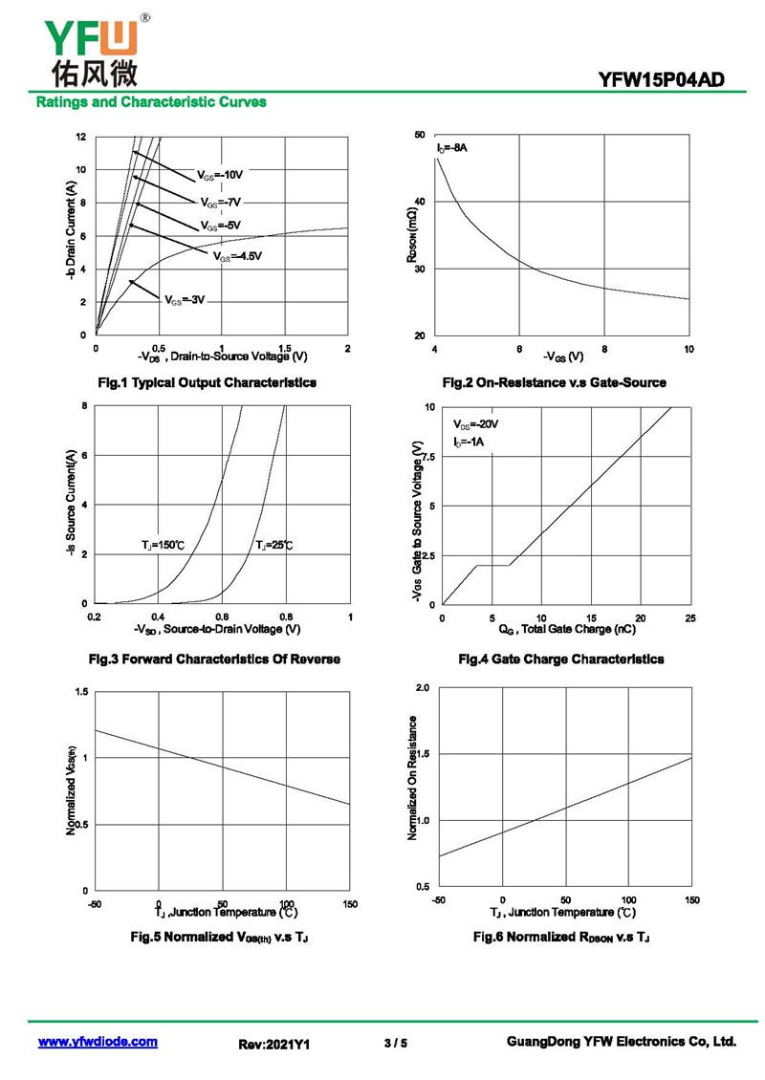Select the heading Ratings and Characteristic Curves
pyautogui.click(x=151, y=101)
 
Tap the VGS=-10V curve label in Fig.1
pyautogui.click(x=221, y=176)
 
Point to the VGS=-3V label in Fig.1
pyautogui.click(x=185, y=300)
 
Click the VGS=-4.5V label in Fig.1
pyautogui.click(x=236, y=256)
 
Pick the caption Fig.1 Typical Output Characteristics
pyautogui.click(x=208, y=382)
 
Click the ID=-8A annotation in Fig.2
pyautogui.click(x=452, y=148)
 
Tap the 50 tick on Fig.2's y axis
pyautogui.click(x=419, y=135)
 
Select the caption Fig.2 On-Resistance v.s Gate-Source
pyautogui.click(x=554, y=382)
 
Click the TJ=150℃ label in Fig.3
pyautogui.click(x=163, y=545)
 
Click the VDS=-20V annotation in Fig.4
pyautogui.click(x=476, y=424)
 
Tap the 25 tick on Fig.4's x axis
pyautogui.click(x=690, y=618)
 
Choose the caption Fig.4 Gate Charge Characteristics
pyautogui.click(x=560, y=659)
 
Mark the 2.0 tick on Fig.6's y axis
pyautogui.click(x=424, y=688)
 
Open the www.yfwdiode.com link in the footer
pyautogui.click(x=98, y=1042)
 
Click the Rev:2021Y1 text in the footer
pyautogui.click(x=273, y=1045)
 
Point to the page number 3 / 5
pyautogui.click(x=395, y=1043)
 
